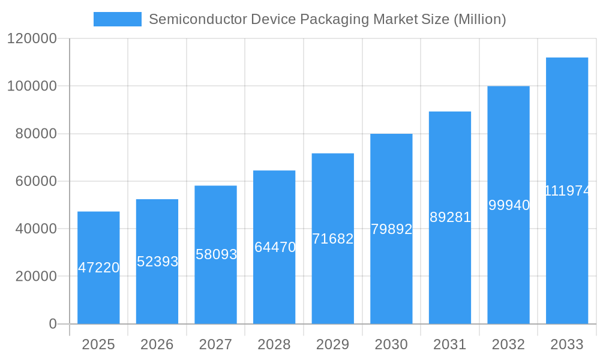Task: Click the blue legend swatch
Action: [x=117, y=19]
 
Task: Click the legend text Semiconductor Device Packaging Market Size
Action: [x=327, y=19]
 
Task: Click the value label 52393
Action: [x=157, y=262]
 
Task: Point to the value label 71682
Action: [x=333, y=239]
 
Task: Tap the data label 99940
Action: [x=509, y=205]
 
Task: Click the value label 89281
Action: [x=450, y=217]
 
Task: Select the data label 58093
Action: [x=216, y=254]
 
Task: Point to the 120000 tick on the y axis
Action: [x=32, y=39]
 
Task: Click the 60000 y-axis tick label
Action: [x=35, y=181]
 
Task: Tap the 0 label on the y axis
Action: [x=53, y=324]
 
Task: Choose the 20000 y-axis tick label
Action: [x=35, y=277]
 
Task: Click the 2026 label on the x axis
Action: [x=157, y=344]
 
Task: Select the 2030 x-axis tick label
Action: [x=391, y=344]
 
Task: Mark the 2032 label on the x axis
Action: [x=508, y=344]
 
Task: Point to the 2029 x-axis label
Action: [x=333, y=344]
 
